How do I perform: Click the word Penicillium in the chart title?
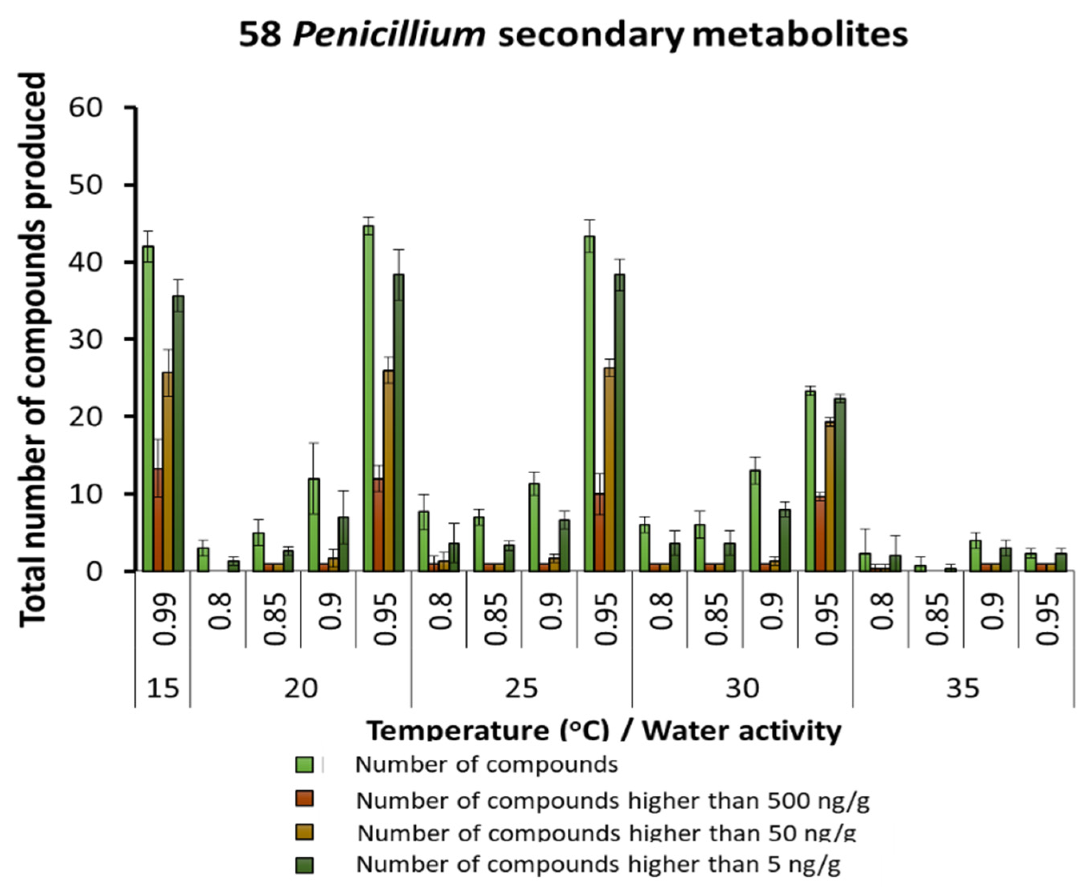(389, 35)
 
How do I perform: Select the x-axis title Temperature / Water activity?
(605, 731)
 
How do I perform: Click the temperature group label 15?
(163, 688)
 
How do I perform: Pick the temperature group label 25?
(521, 688)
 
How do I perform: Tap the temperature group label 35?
(963, 688)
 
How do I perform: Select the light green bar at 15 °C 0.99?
(148, 410)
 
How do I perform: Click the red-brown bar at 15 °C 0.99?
(158, 520)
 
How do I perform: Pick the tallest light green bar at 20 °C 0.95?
(368, 399)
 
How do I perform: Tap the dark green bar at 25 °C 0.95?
(620, 422)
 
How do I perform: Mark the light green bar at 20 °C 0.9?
(314, 525)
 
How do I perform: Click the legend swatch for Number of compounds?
(304, 765)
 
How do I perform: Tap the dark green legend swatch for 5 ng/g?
(304, 865)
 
